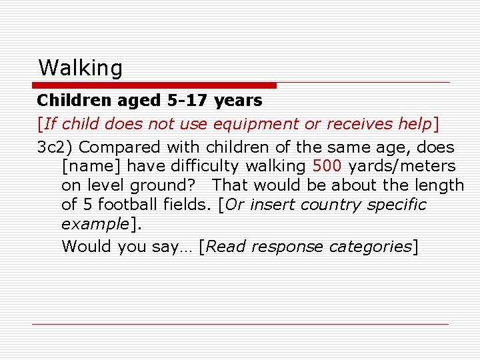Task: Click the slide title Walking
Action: [81, 68]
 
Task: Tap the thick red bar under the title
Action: [155, 85]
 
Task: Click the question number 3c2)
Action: [55, 147]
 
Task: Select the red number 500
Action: [327, 166]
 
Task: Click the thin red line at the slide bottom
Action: [240, 324]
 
